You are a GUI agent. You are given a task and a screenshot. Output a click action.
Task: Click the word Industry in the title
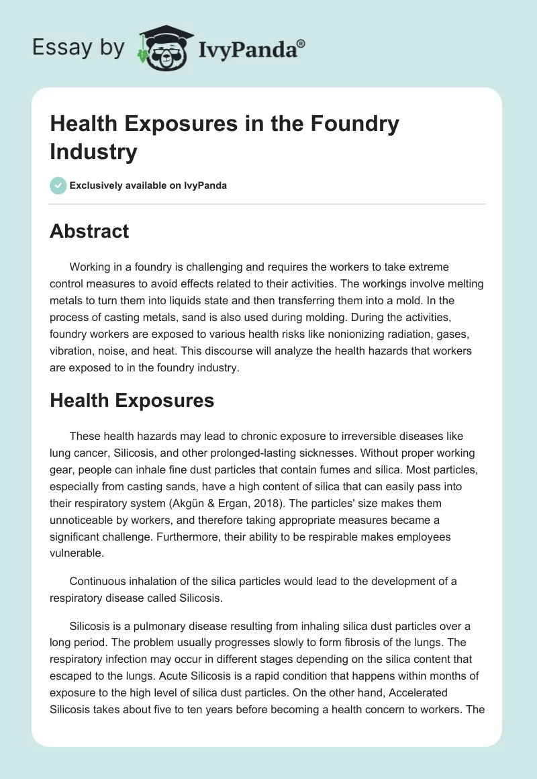93,151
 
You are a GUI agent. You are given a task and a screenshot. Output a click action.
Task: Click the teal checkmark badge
58,185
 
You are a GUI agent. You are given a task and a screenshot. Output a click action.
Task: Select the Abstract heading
89,231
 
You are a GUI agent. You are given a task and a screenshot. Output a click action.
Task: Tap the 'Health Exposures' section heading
132,401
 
